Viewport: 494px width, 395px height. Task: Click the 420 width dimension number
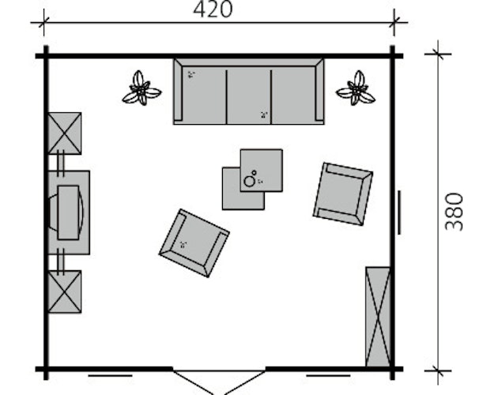213,9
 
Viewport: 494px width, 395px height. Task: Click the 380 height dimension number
454,212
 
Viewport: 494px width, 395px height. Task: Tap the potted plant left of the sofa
141,88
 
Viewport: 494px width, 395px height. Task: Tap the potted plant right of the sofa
356,88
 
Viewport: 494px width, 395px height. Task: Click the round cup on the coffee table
250,181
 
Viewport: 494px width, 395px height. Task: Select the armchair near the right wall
343,194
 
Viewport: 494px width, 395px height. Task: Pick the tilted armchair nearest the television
194,243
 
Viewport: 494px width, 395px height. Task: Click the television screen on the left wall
68,213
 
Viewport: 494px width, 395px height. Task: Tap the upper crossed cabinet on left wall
65,134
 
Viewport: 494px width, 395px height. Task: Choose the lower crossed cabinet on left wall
65,292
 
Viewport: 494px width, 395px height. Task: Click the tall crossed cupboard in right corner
378,317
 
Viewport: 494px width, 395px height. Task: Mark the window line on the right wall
399,213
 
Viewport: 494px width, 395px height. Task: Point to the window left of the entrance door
110,375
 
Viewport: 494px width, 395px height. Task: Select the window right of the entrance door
328,375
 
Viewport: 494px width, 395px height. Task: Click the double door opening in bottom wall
219,382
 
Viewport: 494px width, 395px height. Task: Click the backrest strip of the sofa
248,62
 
